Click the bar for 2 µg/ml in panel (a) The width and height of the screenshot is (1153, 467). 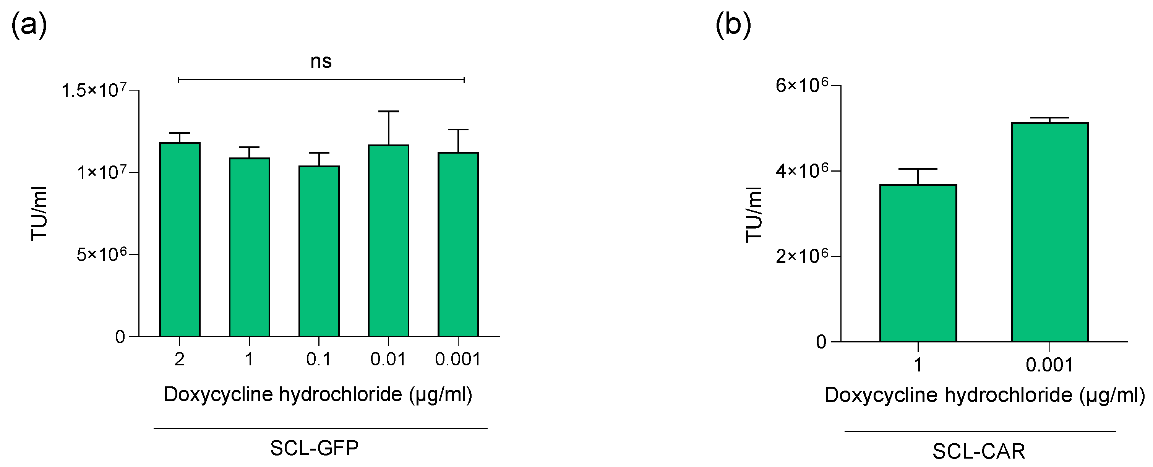coord(180,240)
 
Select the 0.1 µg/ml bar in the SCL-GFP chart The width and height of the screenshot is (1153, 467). coord(319,251)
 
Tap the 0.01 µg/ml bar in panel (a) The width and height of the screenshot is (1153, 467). coord(389,240)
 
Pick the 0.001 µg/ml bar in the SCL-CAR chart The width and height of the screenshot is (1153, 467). coord(1049,232)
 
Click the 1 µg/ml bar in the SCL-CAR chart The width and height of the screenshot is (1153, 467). coord(918,263)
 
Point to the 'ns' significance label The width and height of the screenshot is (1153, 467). coord(321,62)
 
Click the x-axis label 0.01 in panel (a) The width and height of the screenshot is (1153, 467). coord(388,359)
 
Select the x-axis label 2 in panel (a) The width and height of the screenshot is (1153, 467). coord(180,359)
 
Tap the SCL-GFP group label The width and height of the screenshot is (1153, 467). coord(314,448)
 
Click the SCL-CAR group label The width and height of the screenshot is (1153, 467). coord(978,451)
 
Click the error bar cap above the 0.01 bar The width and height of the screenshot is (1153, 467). coord(389,112)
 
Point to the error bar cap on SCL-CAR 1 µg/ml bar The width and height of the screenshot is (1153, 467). coord(918,169)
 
